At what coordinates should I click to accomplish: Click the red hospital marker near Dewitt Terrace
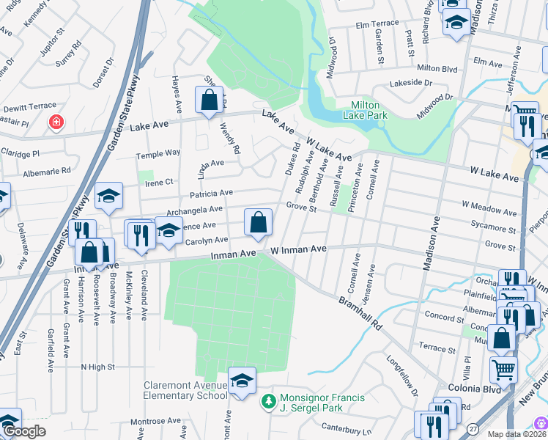55,122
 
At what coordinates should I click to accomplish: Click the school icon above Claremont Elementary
242,381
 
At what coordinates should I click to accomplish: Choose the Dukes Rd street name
292,158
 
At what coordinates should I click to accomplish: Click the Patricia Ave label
211,193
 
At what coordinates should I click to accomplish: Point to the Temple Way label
158,153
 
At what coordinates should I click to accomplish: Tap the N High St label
97,366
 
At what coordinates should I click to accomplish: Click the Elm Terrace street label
377,23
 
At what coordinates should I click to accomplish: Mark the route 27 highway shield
472,428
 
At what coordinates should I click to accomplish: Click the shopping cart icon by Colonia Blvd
503,370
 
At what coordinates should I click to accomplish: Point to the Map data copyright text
511,433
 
